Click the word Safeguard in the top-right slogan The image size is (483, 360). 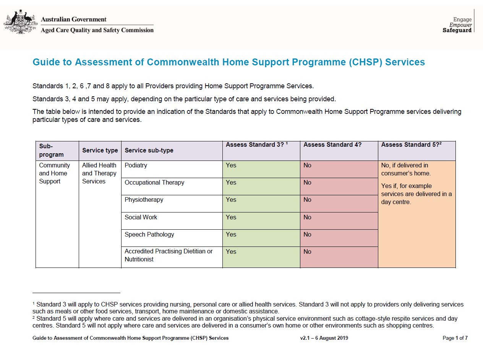(x=457, y=31)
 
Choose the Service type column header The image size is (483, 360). (x=100, y=151)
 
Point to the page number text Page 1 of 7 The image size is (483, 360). (x=455, y=338)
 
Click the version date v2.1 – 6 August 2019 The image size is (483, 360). (x=324, y=338)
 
